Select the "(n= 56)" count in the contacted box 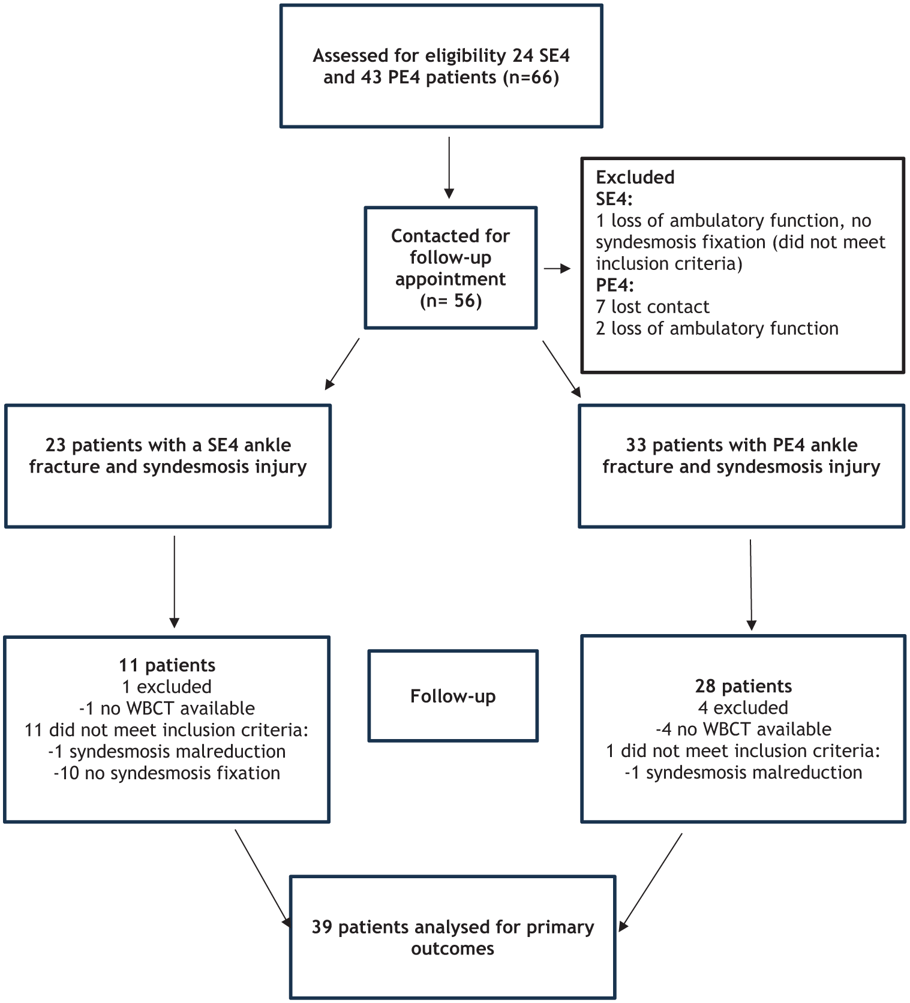pos(451,301)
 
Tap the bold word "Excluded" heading pos(635,178)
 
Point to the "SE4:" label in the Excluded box pos(614,199)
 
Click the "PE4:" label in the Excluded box pos(615,286)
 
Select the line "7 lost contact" pos(653,307)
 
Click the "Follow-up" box pos(453,696)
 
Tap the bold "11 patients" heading pos(167,665)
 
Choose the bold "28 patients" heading pos(743,686)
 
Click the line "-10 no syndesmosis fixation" pos(167,773)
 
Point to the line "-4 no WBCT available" pos(743,729)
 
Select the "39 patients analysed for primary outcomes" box pos(453,937)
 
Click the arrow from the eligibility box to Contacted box pos(449,168)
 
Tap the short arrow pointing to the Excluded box pos(557,269)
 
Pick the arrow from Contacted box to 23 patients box pos(342,364)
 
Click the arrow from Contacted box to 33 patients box pos(562,369)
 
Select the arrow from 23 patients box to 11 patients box pos(175,582)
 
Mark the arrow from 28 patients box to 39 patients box pos(650,882)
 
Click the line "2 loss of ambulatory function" pos(717,329)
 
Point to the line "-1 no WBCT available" pos(167,708)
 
